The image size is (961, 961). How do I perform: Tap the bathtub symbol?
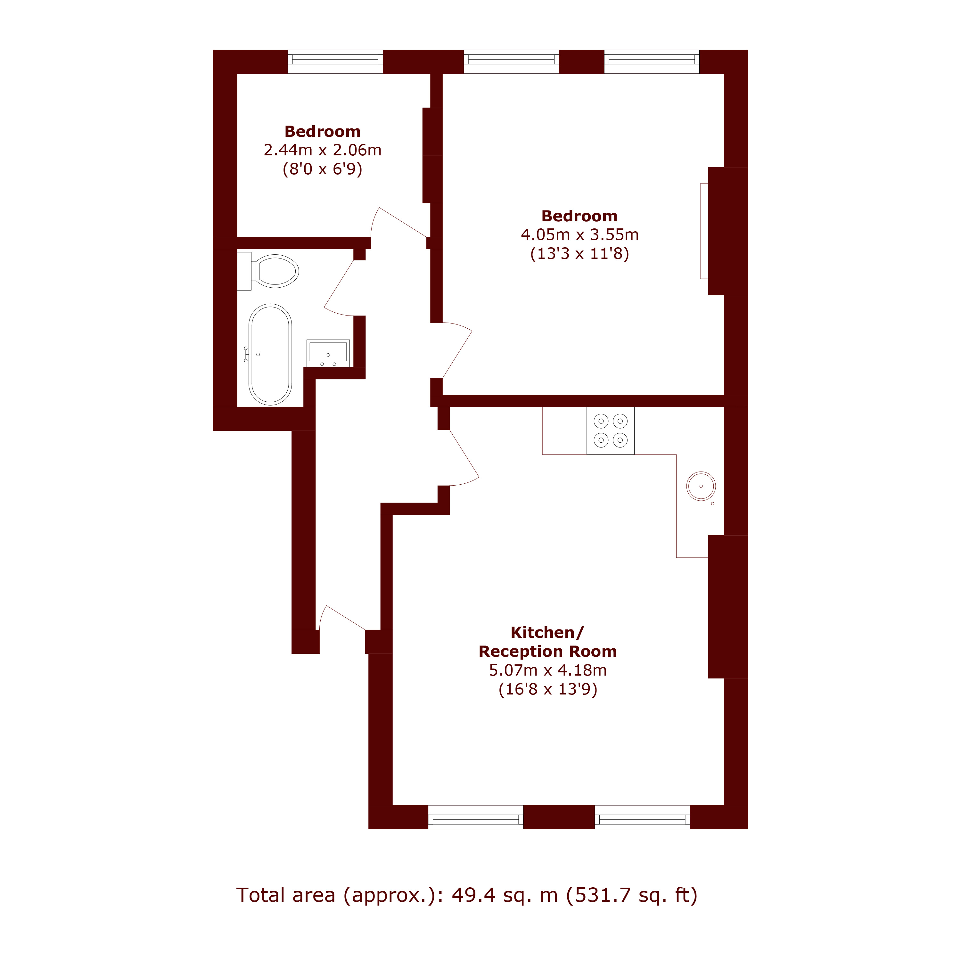click(270, 354)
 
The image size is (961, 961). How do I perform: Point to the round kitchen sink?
click(701, 486)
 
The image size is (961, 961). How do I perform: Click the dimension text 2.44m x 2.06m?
click(322, 150)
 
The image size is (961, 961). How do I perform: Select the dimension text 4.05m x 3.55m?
click(579, 234)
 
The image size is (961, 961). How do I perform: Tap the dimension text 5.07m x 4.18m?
click(548, 670)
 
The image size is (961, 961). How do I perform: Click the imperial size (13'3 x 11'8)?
click(579, 254)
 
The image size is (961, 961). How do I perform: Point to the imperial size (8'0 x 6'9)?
click(322, 169)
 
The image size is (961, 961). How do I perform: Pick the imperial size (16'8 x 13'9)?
click(548, 689)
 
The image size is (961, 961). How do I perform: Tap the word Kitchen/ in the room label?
click(547, 632)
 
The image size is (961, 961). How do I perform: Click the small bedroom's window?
click(335, 62)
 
